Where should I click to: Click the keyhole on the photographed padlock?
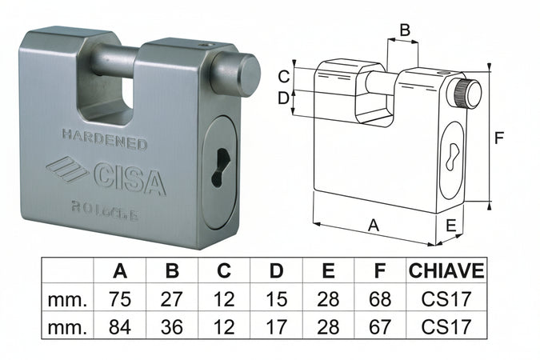217,168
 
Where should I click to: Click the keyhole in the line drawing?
454,152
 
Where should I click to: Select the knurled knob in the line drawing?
467,94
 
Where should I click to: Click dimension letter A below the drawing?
373,226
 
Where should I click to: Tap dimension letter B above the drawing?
405,30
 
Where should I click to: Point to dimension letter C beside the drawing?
283,77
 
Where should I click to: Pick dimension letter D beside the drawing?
283,98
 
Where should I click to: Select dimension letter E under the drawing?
451,226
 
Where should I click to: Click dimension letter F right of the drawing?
499,138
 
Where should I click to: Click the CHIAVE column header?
446,271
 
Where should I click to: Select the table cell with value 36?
172,326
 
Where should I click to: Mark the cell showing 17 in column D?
276,326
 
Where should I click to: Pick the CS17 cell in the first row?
446,299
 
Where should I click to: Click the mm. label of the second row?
67,326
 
